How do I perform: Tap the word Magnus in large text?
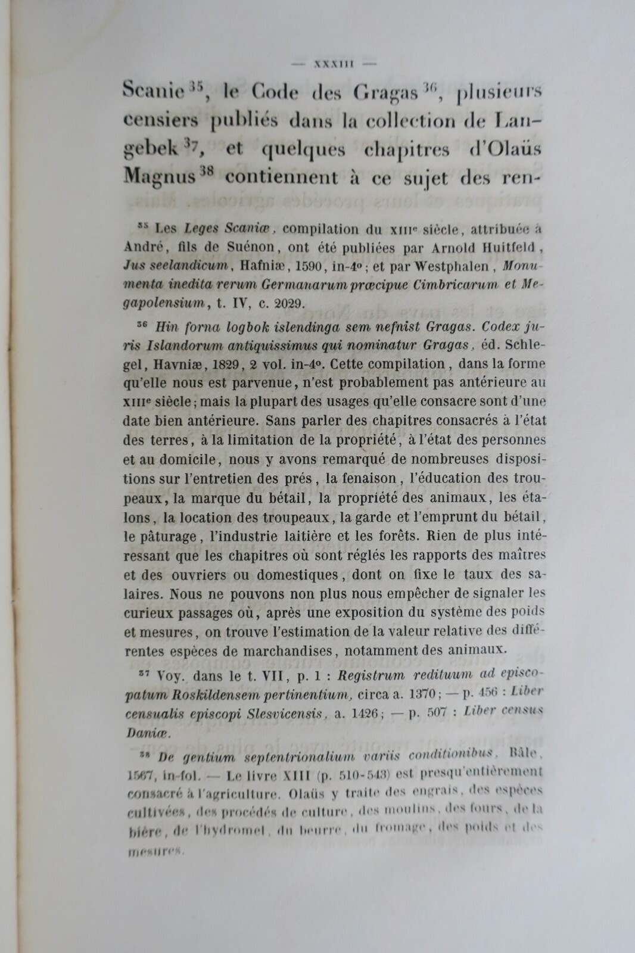(x=159, y=177)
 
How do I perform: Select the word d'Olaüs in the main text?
(x=505, y=149)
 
